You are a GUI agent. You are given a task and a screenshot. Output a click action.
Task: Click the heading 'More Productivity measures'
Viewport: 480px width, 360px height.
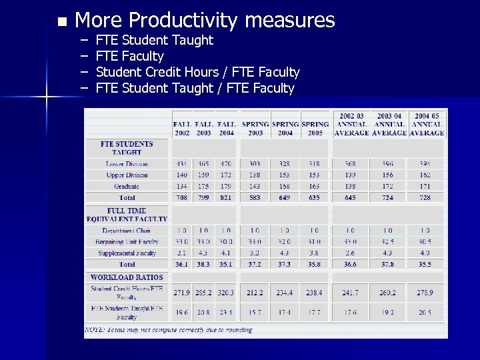tap(205, 21)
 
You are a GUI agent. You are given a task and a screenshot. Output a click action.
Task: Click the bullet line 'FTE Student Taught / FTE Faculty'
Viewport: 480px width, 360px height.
tap(195, 88)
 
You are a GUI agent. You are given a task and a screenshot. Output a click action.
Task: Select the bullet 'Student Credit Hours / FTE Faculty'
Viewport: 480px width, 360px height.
tap(197, 72)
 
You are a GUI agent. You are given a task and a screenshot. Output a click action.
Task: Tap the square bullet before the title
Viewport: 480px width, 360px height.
tap(62, 22)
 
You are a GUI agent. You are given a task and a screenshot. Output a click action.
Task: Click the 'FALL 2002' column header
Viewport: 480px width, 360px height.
tap(182, 128)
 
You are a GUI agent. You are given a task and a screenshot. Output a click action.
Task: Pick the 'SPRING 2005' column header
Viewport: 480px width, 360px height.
tap(315, 128)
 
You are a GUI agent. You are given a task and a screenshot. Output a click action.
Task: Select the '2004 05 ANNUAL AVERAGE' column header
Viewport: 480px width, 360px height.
tap(427, 124)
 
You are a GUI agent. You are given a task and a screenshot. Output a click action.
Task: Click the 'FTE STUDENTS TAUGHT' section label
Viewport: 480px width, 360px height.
tap(127, 148)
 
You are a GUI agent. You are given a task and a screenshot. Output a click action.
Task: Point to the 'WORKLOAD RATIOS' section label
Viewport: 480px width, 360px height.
tap(126, 277)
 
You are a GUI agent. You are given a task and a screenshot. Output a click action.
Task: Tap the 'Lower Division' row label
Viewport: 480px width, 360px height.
tap(127, 164)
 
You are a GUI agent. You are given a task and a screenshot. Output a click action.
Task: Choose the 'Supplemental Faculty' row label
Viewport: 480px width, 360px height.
tap(127, 253)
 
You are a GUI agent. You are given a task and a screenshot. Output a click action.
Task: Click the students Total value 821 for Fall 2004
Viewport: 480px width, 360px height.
tap(227, 198)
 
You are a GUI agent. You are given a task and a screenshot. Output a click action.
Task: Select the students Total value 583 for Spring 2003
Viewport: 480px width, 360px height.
tap(255, 198)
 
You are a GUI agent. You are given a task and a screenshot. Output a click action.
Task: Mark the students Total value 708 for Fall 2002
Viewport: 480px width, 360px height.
tap(182, 198)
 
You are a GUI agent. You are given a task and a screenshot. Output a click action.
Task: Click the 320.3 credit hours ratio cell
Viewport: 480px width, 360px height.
tap(227, 293)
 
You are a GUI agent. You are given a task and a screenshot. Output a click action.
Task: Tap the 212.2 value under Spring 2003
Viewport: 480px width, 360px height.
tap(255, 293)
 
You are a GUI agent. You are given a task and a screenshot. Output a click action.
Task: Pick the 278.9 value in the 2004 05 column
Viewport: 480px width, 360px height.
tap(425, 293)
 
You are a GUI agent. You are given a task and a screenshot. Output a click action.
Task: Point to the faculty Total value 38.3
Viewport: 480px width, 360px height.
tap(204, 265)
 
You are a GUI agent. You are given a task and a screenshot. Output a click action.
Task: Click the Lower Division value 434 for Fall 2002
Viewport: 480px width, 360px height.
tap(182, 164)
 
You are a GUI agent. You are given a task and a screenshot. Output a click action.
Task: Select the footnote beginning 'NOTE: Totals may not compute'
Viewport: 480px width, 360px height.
tap(169, 330)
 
